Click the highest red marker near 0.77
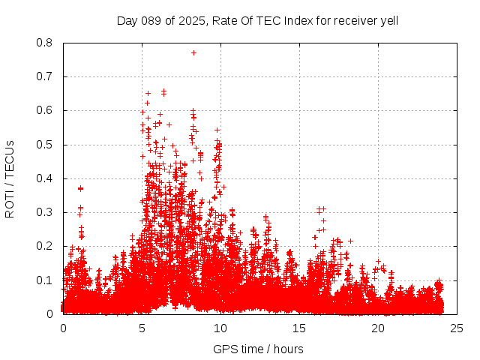click(x=193, y=52)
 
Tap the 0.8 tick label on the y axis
click(x=45, y=43)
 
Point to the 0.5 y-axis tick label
click(x=45, y=145)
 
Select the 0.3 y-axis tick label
click(x=45, y=212)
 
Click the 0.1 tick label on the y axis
click(x=45, y=280)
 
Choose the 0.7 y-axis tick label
click(x=45, y=76)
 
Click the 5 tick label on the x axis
click(x=142, y=328)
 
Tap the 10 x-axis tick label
click(x=220, y=328)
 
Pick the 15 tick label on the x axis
click(x=299, y=328)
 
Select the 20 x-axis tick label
click(x=378, y=328)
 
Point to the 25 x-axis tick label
click(x=457, y=328)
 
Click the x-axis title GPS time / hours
click(x=258, y=349)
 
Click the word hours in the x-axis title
click(x=288, y=349)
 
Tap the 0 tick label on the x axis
click(x=63, y=328)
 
